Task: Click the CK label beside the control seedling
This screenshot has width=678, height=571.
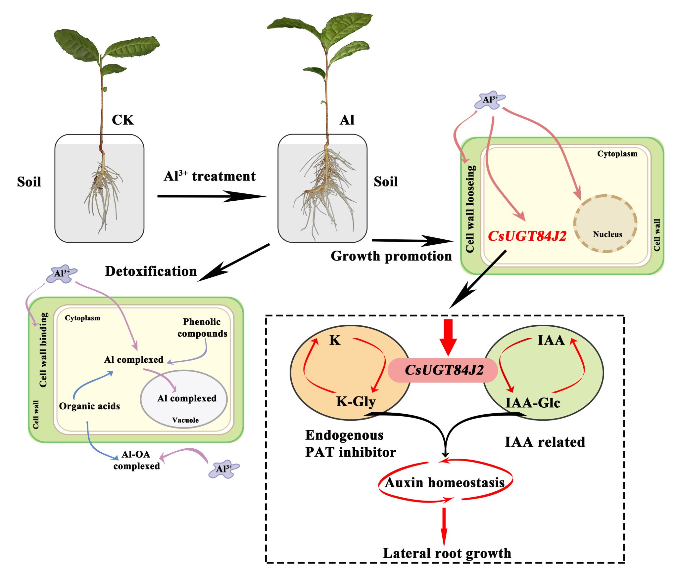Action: (123, 120)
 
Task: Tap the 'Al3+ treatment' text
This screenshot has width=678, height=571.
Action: (210, 176)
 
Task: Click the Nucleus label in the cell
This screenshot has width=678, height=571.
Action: (607, 234)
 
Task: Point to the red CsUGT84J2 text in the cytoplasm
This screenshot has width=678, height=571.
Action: (527, 236)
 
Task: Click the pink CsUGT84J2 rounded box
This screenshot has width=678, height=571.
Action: (443, 370)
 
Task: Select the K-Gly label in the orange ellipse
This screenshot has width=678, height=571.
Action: (356, 401)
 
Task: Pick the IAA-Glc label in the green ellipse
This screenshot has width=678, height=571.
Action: (532, 403)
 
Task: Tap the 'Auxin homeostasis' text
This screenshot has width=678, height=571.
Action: (445, 483)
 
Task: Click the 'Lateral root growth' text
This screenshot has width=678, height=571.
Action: (447, 553)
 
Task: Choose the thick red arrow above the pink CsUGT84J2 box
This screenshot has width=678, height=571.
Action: (448, 337)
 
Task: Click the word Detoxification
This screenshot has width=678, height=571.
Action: (151, 271)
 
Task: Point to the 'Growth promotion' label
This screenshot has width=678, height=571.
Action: (391, 256)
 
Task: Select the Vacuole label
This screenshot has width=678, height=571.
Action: (185, 420)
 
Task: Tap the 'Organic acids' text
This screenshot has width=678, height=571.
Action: (89, 406)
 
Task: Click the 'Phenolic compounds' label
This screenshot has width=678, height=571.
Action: (202, 328)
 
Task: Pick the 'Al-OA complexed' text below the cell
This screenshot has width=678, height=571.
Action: (136, 460)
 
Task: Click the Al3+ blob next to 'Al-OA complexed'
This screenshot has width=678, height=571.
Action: (223, 469)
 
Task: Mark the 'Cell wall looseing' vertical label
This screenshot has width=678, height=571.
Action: (470, 209)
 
